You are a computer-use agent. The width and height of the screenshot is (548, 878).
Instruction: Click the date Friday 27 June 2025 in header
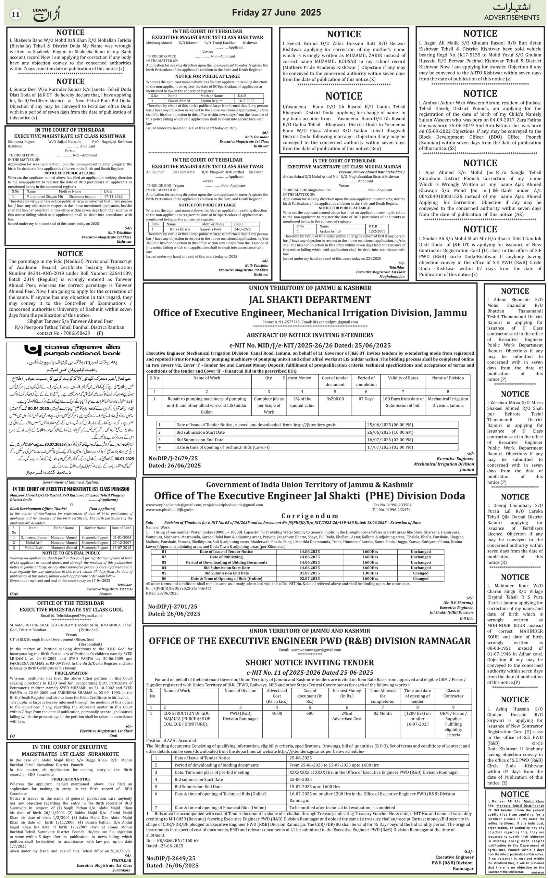tap(276, 13)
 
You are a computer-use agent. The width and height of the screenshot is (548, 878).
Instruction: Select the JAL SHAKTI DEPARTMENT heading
tap(310, 300)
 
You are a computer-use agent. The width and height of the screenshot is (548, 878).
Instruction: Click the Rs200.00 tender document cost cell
tap(335, 399)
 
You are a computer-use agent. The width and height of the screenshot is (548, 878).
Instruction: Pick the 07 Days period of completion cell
tap(366, 399)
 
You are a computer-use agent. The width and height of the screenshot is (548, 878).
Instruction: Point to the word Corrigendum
tap(310, 516)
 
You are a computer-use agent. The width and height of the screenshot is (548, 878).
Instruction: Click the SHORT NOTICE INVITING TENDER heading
tap(310, 662)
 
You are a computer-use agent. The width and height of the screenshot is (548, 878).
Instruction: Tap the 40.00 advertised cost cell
tap(276, 713)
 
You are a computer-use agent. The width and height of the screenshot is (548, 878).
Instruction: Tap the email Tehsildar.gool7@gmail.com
tap(71, 615)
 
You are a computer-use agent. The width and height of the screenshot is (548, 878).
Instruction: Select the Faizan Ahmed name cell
tap(179, 101)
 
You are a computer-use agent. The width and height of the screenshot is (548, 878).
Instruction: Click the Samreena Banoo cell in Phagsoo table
tap(34, 537)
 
